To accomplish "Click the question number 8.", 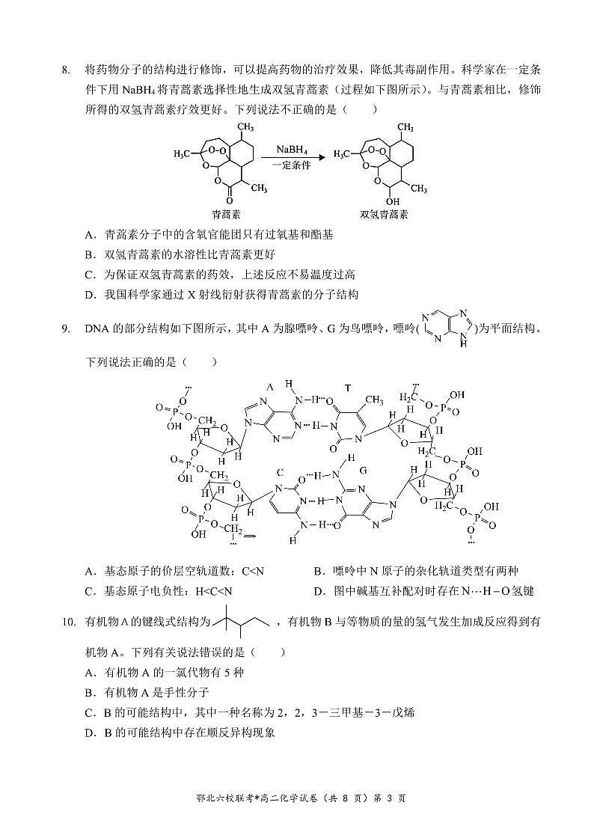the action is click(x=66, y=70).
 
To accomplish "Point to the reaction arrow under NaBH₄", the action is click(x=293, y=158).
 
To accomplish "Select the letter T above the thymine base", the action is click(x=347, y=387).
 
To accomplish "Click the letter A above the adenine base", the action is click(x=270, y=387).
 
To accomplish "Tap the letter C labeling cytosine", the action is click(x=280, y=472).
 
